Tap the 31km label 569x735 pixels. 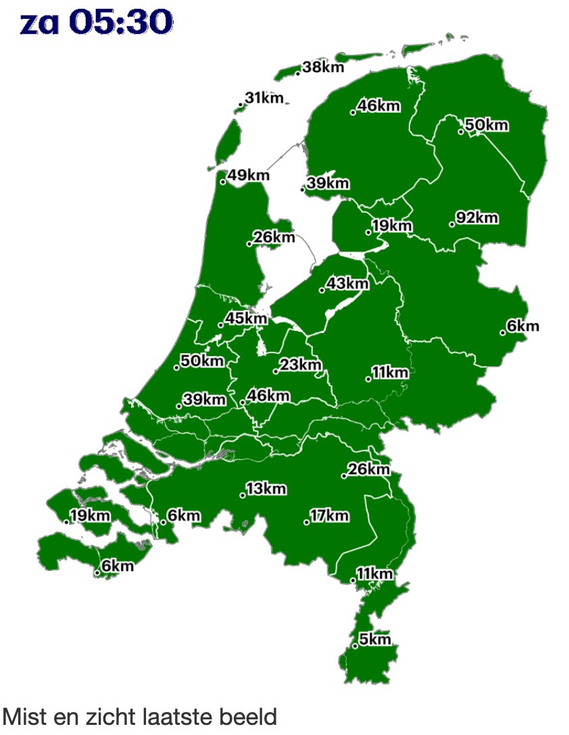click(x=264, y=99)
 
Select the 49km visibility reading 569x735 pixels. click(x=249, y=176)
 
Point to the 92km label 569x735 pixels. click(x=478, y=218)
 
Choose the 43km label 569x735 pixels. click(x=348, y=284)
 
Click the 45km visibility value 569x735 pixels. click(x=246, y=318)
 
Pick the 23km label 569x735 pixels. click(x=301, y=365)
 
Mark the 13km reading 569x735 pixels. click(x=266, y=488)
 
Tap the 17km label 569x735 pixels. click(x=330, y=517)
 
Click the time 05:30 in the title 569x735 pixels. click(x=120, y=23)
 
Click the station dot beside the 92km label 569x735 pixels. click(x=451, y=224)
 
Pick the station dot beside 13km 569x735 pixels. click(x=243, y=496)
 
